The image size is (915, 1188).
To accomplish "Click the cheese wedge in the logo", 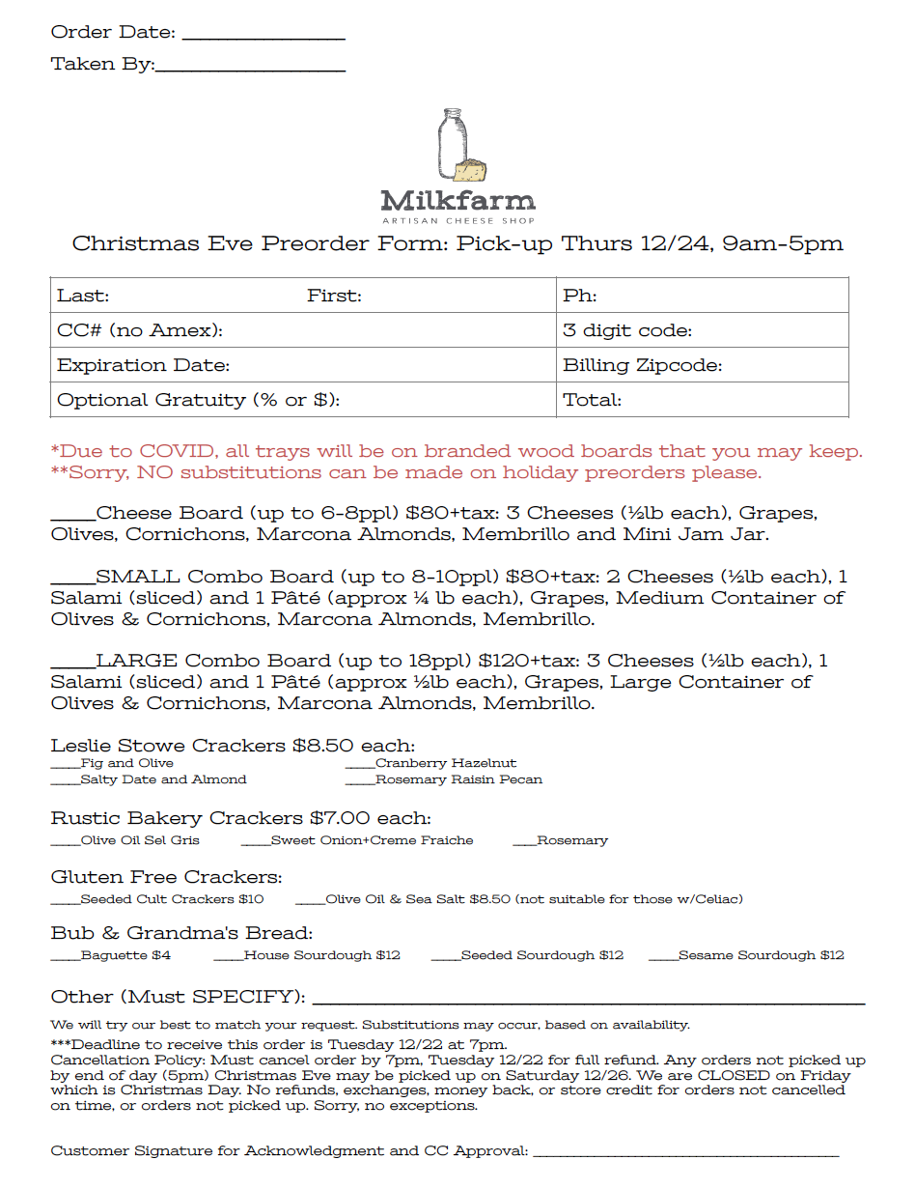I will click(x=472, y=171).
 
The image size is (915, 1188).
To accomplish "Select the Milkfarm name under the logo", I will click(x=457, y=201).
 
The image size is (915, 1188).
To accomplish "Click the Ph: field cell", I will click(x=702, y=296).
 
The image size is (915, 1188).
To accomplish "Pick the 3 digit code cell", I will click(x=702, y=330).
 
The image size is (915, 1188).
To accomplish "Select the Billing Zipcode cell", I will click(x=702, y=365).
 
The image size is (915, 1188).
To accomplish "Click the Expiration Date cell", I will click(x=302, y=365).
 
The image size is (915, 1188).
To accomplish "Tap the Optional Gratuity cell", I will click(x=302, y=400).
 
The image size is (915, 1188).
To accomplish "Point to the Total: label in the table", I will click(x=593, y=400).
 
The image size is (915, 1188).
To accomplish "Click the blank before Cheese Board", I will click(x=72, y=516).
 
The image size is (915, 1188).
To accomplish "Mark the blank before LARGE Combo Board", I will click(x=72, y=665).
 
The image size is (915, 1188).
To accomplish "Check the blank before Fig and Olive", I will click(x=65, y=765).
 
